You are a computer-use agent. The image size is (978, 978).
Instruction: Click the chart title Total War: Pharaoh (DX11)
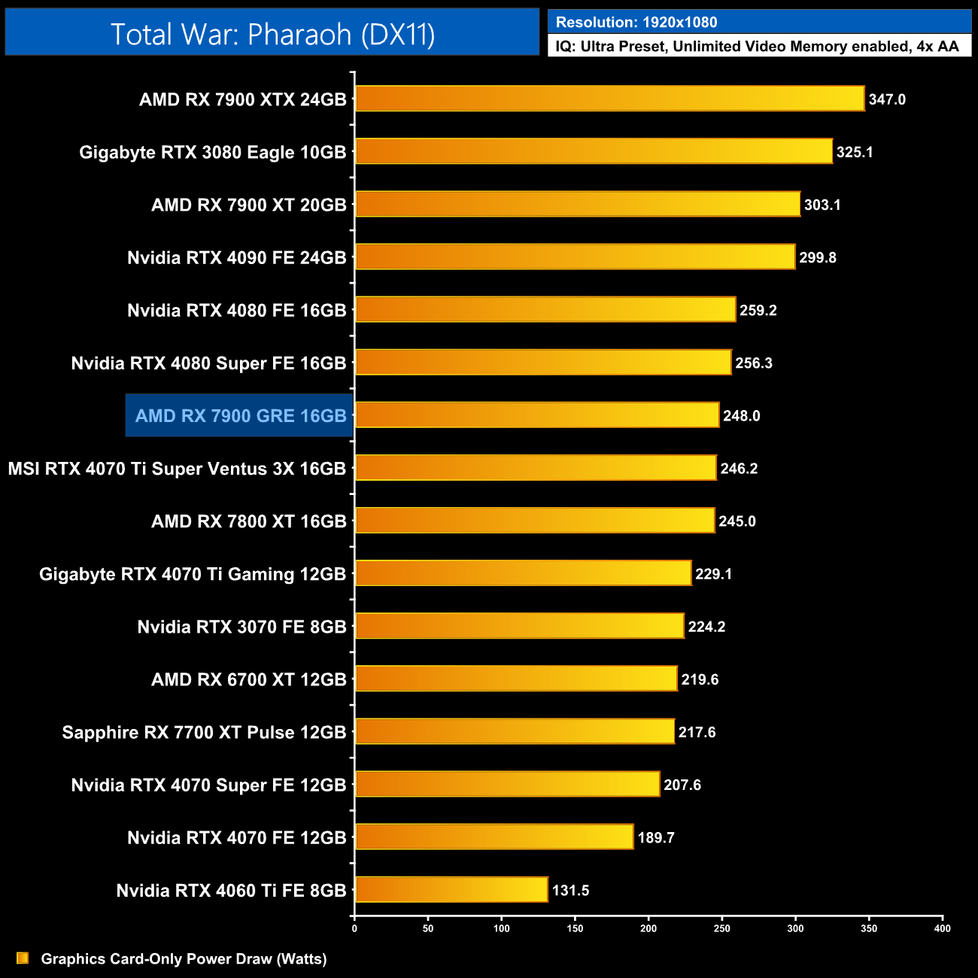(x=272, y=34)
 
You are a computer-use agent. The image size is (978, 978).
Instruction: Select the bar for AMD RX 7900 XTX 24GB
(x=609, y=99)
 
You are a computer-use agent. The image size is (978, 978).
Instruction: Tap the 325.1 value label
(x=855, y=152)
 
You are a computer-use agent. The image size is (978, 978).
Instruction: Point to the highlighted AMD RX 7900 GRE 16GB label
(x=241, y=416)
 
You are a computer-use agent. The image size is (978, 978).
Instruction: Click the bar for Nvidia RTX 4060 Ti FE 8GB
(x=451, y=890)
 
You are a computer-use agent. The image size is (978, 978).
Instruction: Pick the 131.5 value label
(x=570, y=891)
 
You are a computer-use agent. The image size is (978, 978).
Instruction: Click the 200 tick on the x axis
(x=648, y=928)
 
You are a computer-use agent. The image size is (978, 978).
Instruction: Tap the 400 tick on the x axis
(x=942, y=928)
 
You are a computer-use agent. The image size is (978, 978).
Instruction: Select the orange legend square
(x=23, y=958)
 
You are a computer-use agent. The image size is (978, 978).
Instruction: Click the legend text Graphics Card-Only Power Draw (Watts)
(x=184, y=959)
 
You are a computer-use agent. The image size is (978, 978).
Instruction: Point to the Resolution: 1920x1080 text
(x=636, y=23)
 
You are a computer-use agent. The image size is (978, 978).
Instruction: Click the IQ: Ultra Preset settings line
(x=758, y=47)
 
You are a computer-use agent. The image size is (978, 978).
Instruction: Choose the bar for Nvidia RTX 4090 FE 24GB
(x=575, y=257)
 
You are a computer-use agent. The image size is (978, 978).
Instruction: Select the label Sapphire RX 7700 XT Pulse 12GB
(x=204, y=733)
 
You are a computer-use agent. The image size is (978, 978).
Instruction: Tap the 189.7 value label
(x=656, y=838)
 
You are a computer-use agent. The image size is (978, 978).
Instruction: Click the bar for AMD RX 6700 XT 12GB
(x=516, y=679)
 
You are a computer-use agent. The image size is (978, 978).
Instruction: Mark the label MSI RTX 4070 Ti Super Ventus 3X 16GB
(x=177, y=469)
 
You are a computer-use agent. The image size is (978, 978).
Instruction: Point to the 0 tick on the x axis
(x=354, y=928)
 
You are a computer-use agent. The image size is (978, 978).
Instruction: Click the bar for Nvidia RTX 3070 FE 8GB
(x=519, y=627)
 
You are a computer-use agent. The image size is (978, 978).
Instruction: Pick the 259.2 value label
(x=758, y=311)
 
